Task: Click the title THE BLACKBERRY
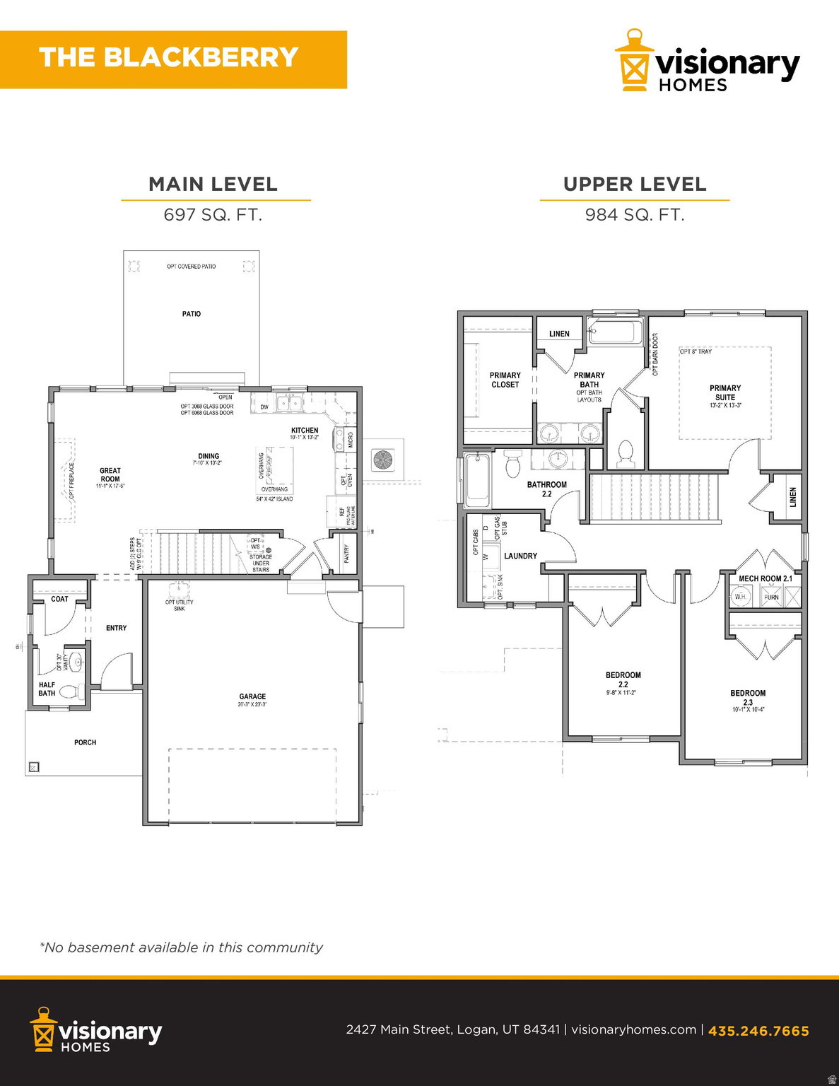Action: pyautogui.click(x=168, y=58)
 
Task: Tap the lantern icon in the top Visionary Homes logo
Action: pyautogui.click(x=633, y=62)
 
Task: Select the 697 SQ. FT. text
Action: pyautogui.click(x=213, y=215)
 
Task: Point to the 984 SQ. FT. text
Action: pyautogui.click(x=635, y=215)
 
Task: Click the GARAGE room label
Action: pyautogui.click(x=252, y=696)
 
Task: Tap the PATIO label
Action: pyautogui.click(x=192, y=314)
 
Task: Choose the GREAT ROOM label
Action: pyautogui.click(x=110, y=474)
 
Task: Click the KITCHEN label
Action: pyautogui.click(x=305, y=430)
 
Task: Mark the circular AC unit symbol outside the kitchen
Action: pyautogui.click(x=384, y=460)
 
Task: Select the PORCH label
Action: pyautogui.click(x=85, y=742)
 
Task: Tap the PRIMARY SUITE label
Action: pyautogui.click(x=725, y=392)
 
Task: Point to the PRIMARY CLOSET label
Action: pyautogui.click(x=505, y=380)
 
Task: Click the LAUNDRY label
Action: pyautogui.click(x=520, y=556)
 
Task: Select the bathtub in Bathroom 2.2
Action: pyautogui.click(x=478, y=481)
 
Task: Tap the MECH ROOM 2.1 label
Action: pyautogui.click(x=765, y=578)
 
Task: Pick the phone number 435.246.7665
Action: pyautogui.click(x=758, y=1031)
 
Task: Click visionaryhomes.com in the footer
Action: pyautogui.click(x=633, y=1029)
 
